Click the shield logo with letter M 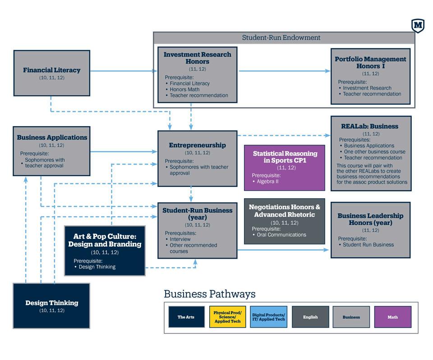[418, 26]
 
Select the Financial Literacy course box [51, 73]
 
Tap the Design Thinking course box [51, 306]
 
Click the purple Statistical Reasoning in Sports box [285, 168]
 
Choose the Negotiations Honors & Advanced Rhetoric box [285, 221]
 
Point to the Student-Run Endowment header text [281, 37]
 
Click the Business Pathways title [210, 294]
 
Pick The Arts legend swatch [186, 317]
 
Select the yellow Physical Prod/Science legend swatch [227, 317]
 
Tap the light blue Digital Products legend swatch [268, 317]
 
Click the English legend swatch [310, 317]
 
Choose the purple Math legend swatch [393, 317]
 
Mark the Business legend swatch [351, 317]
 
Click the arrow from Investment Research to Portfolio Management [285, 71]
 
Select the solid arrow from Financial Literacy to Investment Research [124, 71]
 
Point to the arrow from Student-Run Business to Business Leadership [283, 250]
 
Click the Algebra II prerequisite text [267, 182]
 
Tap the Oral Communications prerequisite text [281, 235]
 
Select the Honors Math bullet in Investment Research [184, 89]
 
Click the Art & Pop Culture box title [105, 240]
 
